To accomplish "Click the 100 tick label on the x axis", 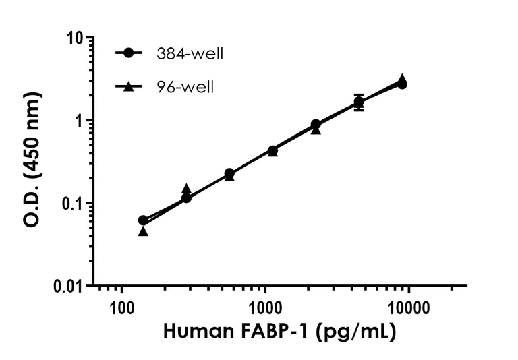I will [x=121, y=309].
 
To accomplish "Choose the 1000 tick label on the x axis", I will [x=265, y=309].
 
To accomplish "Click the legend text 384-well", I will [x=189, y=54].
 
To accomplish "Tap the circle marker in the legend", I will [x=129, y=54].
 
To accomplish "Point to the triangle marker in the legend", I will [x=129, y=86].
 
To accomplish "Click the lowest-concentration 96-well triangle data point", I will [x=143, y=231].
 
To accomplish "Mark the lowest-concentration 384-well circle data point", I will [x=143, y=220].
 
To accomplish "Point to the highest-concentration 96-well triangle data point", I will [x=402, y=79].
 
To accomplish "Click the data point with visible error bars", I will [x=359, y=102].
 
